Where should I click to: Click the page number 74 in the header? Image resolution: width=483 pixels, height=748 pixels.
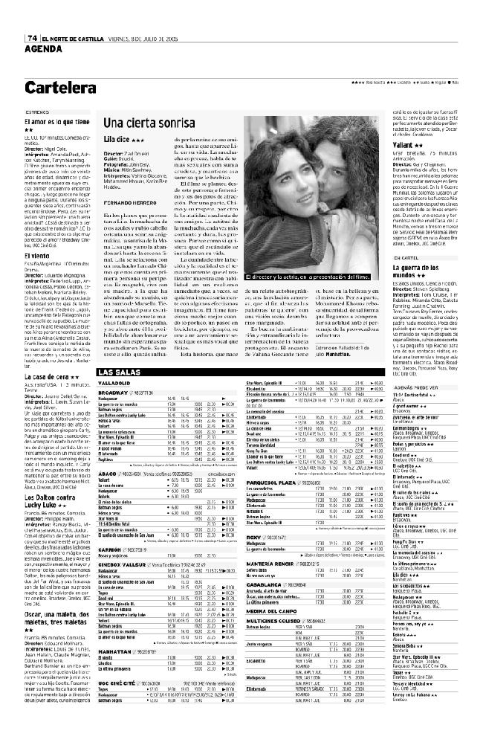[x=33, y=39]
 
